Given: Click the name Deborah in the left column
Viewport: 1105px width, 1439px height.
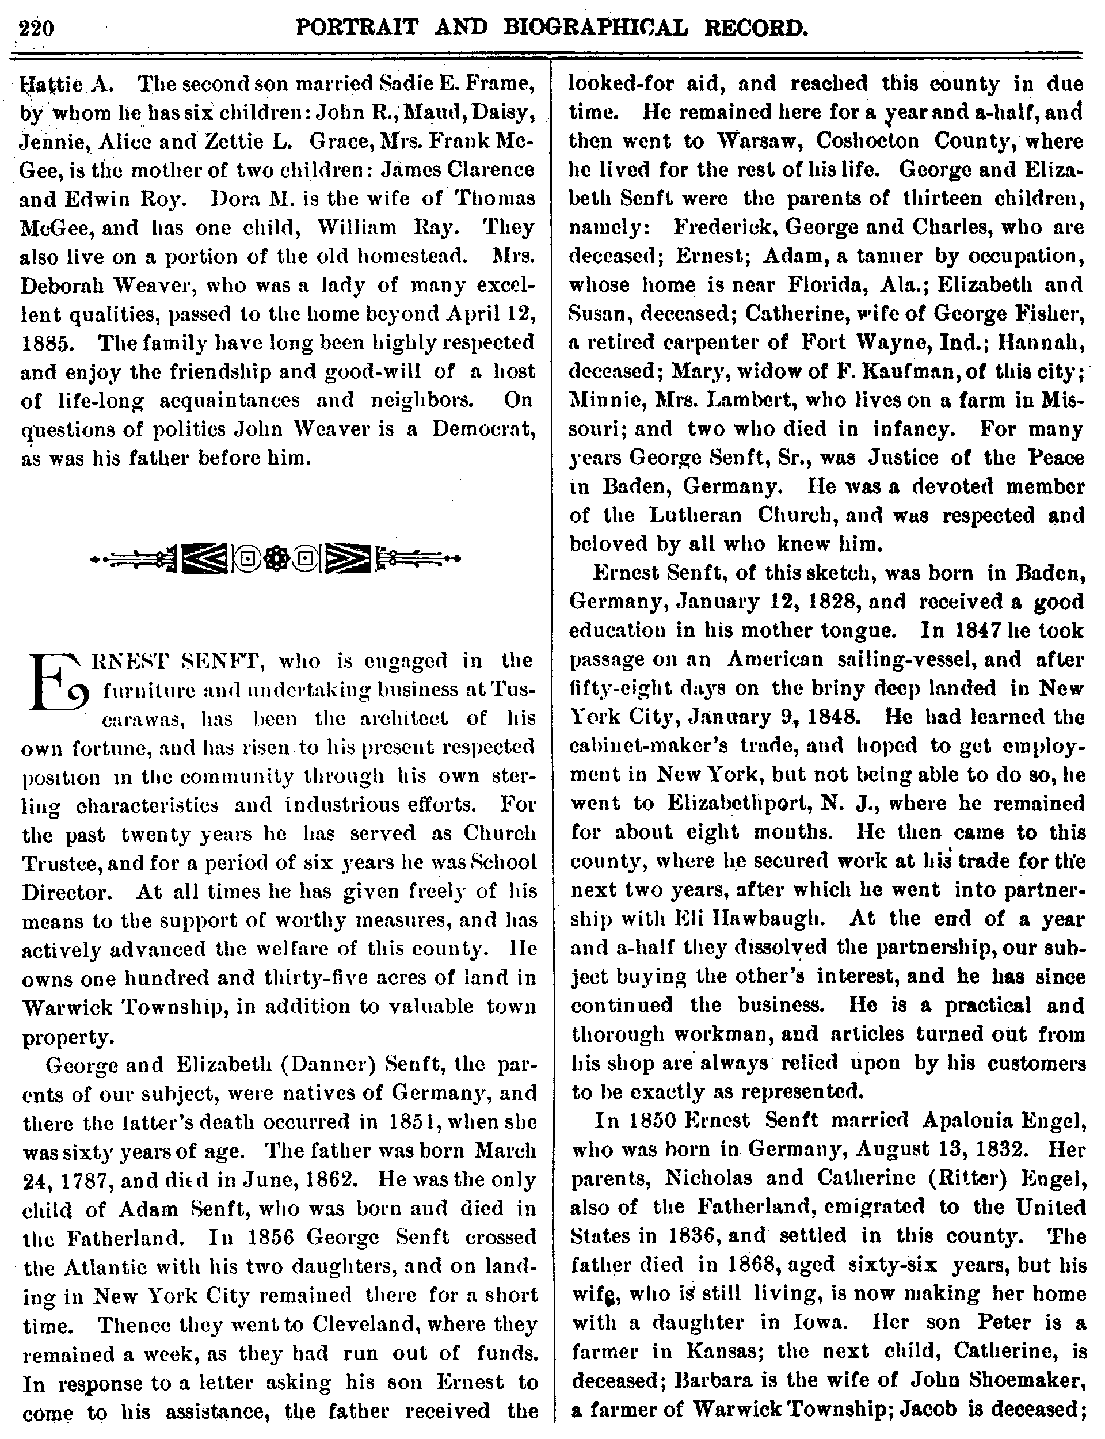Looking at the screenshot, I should click(x=63, y=285).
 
